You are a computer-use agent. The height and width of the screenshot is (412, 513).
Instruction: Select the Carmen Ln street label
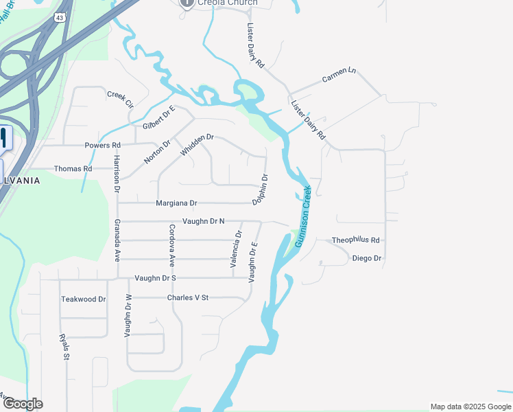click(x=339, y=76)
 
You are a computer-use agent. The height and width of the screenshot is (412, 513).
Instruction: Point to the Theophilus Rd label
click(x=355, y=240)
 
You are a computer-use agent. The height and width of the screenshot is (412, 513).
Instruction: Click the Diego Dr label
click(x=366, y=258)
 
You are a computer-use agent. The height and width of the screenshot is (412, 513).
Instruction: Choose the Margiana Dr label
click(x=176, y=203)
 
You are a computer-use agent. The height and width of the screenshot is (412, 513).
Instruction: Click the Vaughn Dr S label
click(x=156, y=278)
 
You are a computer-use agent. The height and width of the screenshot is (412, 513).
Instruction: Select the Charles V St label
click(x=187, y=298)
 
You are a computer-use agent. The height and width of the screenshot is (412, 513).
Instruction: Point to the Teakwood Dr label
click(x=84, y=299)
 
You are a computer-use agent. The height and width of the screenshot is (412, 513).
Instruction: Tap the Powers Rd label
click(x=102, y=146)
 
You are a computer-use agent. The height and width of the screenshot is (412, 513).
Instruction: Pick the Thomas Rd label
click(x=73, y=168)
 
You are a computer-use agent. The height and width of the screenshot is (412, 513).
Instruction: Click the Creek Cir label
click(x=119, y=99)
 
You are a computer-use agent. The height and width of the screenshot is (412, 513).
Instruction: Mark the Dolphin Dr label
click(x=260, y=190)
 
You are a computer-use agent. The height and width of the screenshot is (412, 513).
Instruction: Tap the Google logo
click(x=23, y=404)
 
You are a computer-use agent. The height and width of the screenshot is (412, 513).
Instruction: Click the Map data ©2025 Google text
click(x=470, y=407)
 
